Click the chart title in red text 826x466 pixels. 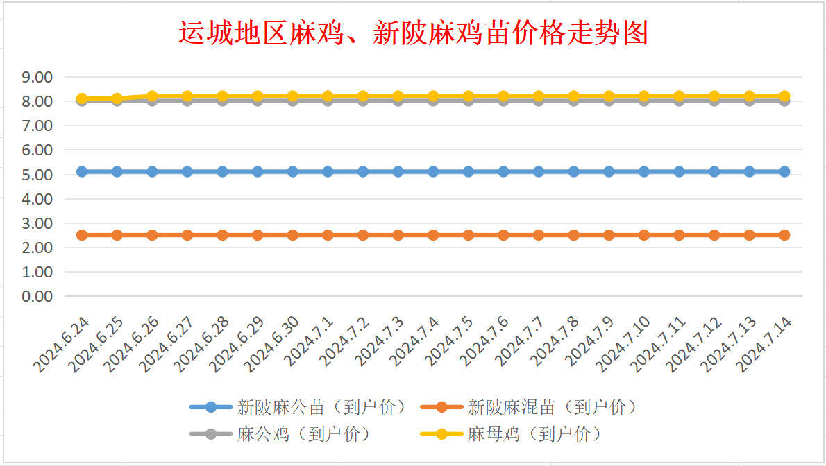tap(413, 33)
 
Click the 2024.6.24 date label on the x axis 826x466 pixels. tap(63, 345)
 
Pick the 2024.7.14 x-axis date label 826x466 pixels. tap(766, 345)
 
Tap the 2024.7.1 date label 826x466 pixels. tap(312, 342)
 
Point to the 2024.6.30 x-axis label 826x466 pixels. tap(274, 345)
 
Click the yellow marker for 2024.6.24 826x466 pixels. tap(82, 98)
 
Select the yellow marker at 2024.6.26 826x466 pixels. tap(152, 96)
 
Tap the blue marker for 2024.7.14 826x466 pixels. tap(784, 171)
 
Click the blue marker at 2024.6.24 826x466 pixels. tap(82, 171)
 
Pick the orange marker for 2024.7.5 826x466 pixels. tap(469, 235)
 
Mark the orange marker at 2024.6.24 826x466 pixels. tap(82, 235)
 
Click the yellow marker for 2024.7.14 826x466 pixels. tap(784, 96)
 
